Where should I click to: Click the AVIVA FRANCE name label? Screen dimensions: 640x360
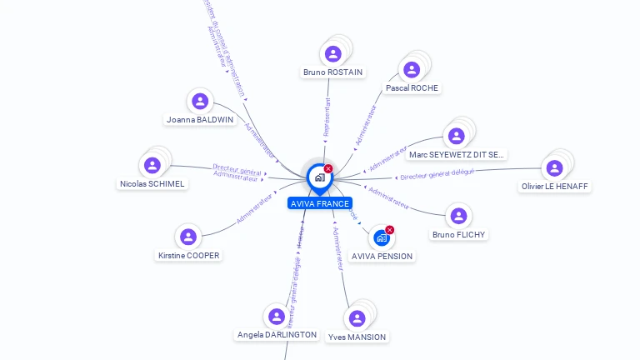pyautogui.click(x=319, y=203)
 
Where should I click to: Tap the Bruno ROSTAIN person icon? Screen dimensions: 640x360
pyautogui.click(x=333, y=54)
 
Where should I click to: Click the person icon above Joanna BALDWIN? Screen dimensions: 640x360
pyautogui.click(x=199, y=102)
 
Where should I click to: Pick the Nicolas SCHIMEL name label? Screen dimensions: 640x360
pyautogui.click(x=152, y=183)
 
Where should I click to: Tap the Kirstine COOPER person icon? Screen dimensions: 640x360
pyautogui.click(x=188, y=237)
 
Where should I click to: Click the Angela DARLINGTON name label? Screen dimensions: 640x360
pyautogui.click(x=277, y=334)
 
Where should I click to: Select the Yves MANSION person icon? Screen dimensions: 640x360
pyautogui.click(x=357, y=318)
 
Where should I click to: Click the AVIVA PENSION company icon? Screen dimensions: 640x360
pyautogui.click(x=382, y=237)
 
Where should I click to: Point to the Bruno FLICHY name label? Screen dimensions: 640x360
pyautogui.click(x=458, y=234)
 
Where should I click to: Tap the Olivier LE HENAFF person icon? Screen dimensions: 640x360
pyautogui.click(x=554, y=167)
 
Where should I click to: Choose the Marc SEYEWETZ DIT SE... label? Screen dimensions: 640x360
pyautogui.click(x=457, y=154)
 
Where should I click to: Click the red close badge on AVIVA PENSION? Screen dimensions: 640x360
pyautogui.click(x=390, y=230)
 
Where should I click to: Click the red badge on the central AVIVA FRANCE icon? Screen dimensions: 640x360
pyautogui.click(x=328, y=169)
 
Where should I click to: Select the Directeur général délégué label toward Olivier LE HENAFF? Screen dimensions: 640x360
pyautogui.click(x=437, y=174)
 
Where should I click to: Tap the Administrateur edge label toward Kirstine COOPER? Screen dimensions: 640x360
pyautogui.click(x=254, y=209)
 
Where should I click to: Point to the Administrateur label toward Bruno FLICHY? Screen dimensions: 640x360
pyautogui.click(x=389, y=197)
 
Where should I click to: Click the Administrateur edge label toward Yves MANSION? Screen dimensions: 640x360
pyautogui.click(x=337, y=249)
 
